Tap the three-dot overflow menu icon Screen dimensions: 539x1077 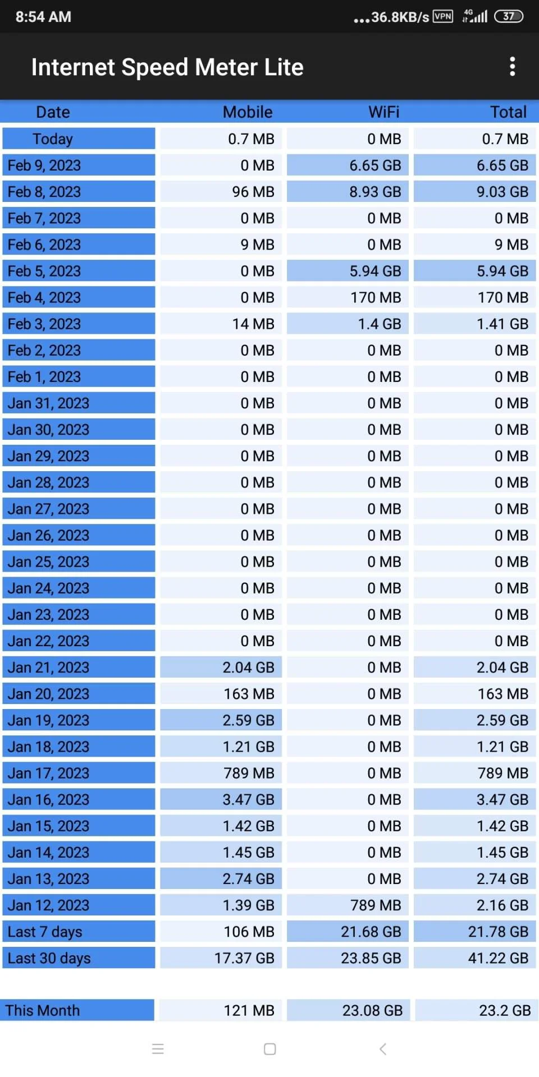[x=512, y=66]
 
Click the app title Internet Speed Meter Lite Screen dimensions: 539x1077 [x=167, y=67]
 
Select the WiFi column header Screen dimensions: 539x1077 [x=384, y=112]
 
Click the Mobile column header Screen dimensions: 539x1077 [x=248, y=112]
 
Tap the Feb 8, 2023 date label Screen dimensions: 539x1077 [x=44, y=192]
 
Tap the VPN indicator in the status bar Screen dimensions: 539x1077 [x=443, y=16]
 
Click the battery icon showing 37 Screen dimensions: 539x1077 [x=509, y=16]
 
